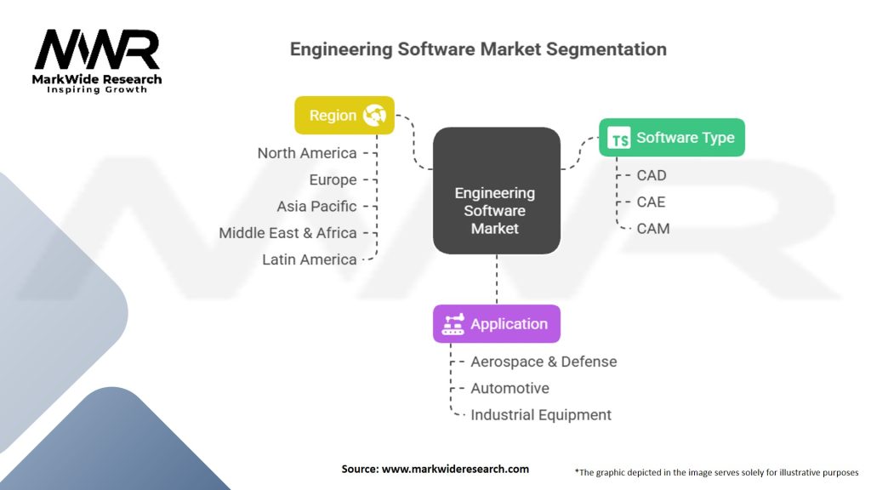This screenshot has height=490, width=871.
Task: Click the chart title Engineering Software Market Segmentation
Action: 478,49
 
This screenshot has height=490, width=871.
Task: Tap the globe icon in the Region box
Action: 374,116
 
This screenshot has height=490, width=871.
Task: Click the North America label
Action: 307,153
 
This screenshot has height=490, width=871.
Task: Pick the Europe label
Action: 333,180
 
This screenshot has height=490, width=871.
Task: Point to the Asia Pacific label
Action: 316,207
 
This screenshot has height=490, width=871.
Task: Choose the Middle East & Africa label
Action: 287,233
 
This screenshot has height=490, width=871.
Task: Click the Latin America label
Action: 310,259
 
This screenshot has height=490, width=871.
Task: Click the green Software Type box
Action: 671,137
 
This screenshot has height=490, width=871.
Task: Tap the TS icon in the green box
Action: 621,138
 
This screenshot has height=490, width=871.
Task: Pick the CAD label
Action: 652,175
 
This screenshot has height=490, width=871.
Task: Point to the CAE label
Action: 652,202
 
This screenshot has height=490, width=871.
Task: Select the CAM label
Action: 652,228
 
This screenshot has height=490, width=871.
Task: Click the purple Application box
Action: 496,324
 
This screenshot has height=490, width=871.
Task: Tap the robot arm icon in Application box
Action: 453,324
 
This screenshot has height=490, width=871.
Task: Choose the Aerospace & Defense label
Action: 544,362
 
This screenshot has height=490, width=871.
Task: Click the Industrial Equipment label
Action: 541,415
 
